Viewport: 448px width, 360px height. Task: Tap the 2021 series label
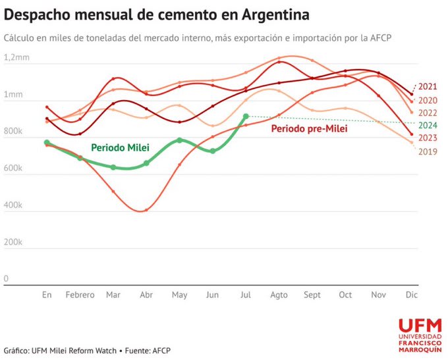pos(428,87)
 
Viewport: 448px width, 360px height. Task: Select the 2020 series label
pos(428,101)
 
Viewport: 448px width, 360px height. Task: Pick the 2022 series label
pos(428,113)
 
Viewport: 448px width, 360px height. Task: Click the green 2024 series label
pos(428,125)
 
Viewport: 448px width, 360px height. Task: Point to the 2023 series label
pos(428,138)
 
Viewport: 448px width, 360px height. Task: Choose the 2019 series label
pos(428,151)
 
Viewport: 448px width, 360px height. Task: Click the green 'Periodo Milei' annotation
pos(119,146)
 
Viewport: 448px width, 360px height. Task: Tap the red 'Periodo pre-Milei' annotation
pos(309,129)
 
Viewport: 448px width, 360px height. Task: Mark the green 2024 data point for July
pos(246,116)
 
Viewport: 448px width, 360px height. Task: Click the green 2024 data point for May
pos(180,140)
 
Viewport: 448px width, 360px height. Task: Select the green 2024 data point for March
pos(113,168)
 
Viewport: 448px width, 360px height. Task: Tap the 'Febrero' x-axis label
pos(80,296)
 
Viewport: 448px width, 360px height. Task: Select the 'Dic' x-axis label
pos(412,296)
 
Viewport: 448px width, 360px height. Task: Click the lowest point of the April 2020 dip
pos(145,211)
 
